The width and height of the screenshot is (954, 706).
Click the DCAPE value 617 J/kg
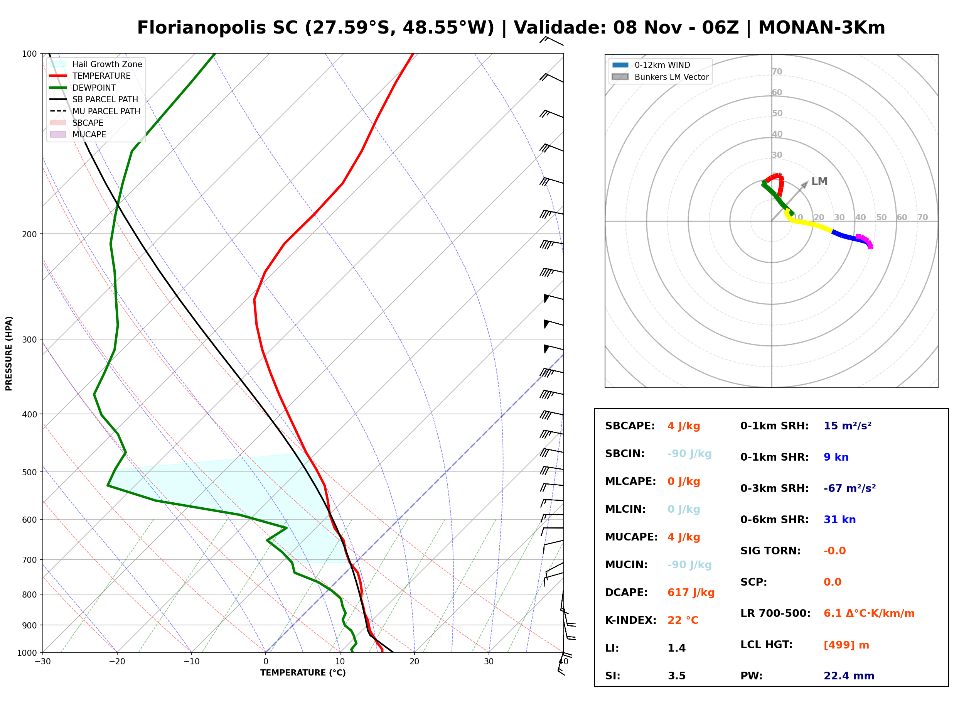coord(691,592)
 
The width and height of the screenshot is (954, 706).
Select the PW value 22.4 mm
coord(848,676)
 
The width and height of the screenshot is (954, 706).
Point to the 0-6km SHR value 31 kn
coord(839,519)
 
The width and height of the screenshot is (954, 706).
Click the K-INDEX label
coord(630,620)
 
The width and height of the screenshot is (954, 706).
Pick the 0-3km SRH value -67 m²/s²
coord(849,488)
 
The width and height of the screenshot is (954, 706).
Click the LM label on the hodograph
coord(819,181)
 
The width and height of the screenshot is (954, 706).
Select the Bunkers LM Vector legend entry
coord(660,77)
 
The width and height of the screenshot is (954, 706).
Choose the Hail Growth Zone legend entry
coord(96,64)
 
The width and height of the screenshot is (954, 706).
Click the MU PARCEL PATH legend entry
coord(95,111)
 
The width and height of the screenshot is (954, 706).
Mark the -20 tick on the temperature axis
coord(117,662)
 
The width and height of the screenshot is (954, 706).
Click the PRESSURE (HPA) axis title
coord(9,353)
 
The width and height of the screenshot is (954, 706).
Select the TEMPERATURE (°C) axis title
coord(303,673)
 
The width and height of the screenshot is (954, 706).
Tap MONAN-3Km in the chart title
coord(822,28)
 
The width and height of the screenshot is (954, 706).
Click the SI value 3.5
coord(676,676)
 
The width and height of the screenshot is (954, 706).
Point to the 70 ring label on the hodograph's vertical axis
coord(777,71)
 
